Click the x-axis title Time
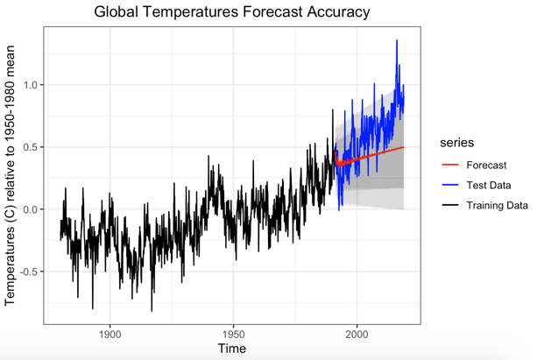[x=232, y=349]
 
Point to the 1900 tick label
[x=110, y=333]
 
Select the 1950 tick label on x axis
[x=233, y=333]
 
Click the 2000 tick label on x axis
[x=357, y=333]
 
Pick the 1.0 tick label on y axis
[x=30, y=85]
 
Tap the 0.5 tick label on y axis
[x=30, y=147]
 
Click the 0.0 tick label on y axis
[x=30, y=209]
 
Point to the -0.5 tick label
[x=28, y=272]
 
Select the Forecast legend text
[x=486, y=165]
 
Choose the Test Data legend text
[x=489, y=185]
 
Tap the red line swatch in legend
[x=449, y=165]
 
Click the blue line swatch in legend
[x=449, y=185]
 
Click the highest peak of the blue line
[x=397, y=40]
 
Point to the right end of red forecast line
[x=404, y=147]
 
